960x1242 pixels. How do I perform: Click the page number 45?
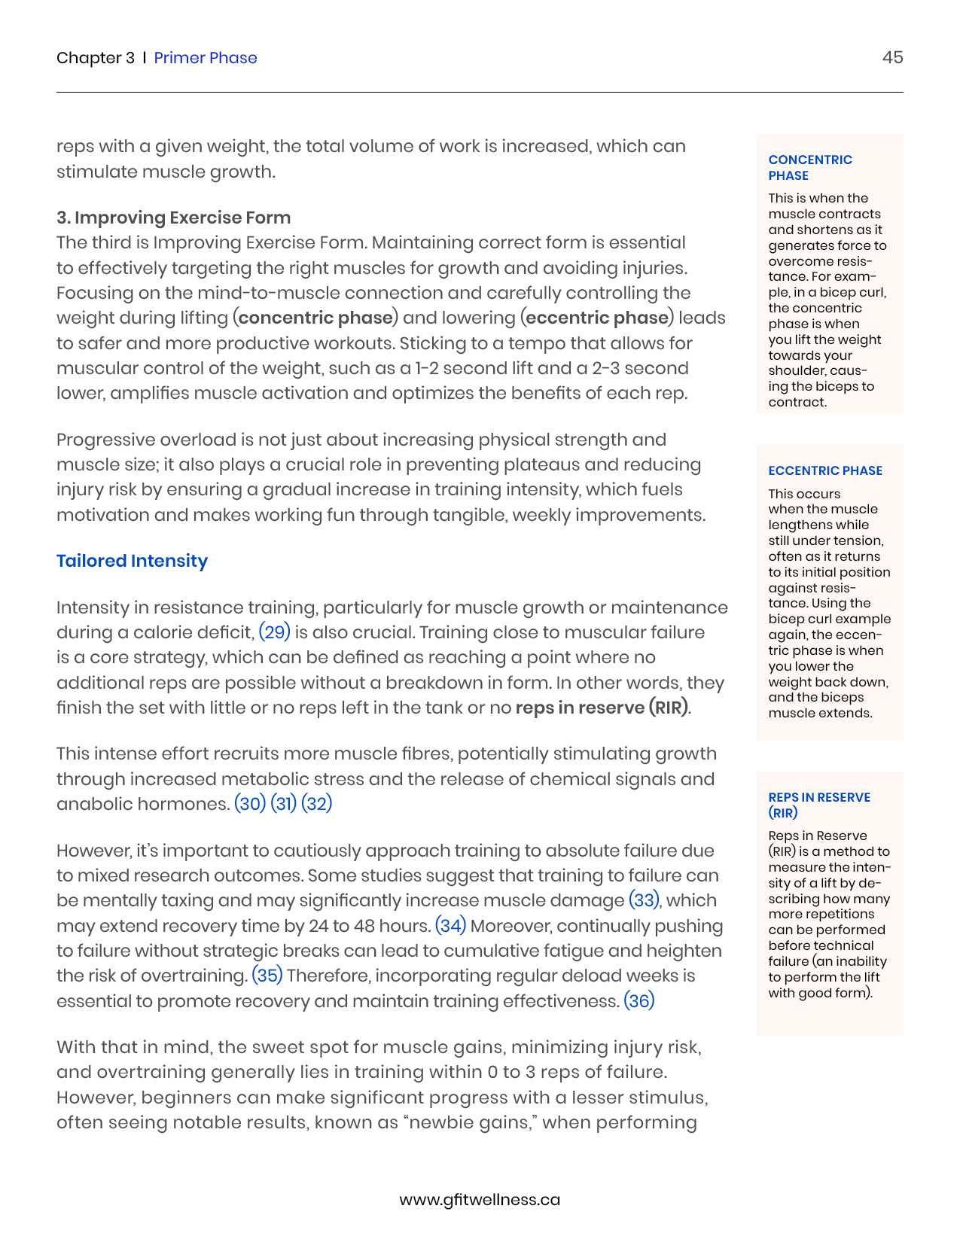[892, 58]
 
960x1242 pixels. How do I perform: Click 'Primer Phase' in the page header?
[206, 58]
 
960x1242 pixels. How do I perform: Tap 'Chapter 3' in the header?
[96, 58]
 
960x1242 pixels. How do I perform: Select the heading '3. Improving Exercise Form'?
[173, 218]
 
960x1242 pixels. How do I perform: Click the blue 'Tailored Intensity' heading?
[132, 561]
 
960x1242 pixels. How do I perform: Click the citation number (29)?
[274, 632]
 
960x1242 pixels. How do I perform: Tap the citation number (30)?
[250, 804]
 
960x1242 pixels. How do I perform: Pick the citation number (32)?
[317, 804]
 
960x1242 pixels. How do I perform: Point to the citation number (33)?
[644, 900]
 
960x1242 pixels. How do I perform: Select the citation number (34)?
[451, 926]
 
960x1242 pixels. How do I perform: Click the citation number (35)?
[267, 976]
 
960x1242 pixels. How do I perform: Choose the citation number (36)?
[639, 1001]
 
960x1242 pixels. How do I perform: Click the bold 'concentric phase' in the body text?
[315, 318]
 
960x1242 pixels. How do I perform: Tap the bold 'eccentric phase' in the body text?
[597, 318]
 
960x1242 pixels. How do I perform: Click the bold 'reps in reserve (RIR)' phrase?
[602, 708]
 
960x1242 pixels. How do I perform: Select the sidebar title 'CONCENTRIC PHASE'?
[810, 167]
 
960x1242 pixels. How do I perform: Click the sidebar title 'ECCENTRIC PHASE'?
[825, 470]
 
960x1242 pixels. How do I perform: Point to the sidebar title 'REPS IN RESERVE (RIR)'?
[819, 805]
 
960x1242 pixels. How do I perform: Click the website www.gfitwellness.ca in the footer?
[480, 1200]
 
